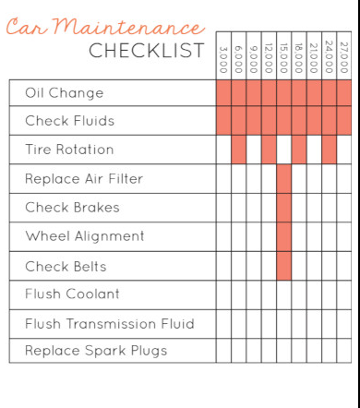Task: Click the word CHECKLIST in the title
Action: pos(147,51)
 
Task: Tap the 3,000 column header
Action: pos(223,59)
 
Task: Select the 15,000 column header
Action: pos(284,58)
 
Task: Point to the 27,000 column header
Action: pos(344,57)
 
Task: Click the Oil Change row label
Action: pos(65,93)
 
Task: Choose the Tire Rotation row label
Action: pos(69,150)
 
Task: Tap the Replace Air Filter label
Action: pos(84,179)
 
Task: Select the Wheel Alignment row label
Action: pos(85,236)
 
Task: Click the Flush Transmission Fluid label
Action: pos(110,324)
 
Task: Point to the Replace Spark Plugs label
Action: pos(96,351)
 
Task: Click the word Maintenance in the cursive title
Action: pos(128,27)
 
